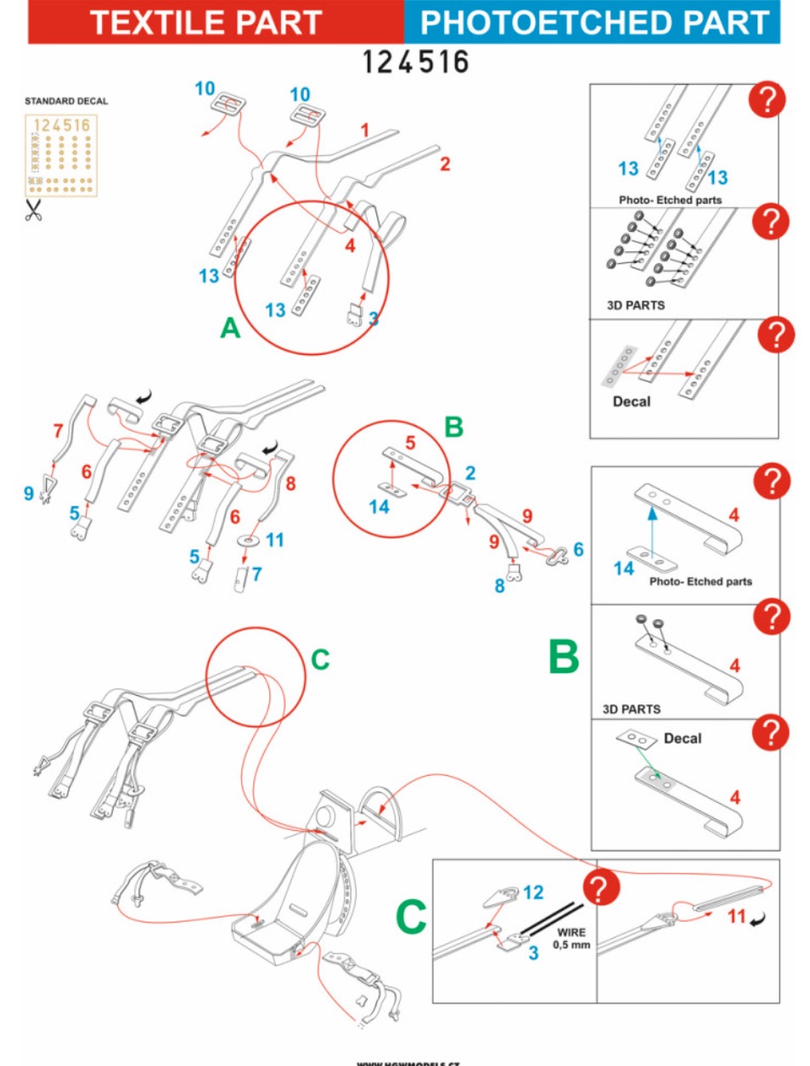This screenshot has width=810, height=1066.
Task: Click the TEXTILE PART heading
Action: [205, 23]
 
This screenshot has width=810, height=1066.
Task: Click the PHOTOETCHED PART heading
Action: [593, 23]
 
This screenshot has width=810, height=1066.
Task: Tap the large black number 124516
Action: [415, 62]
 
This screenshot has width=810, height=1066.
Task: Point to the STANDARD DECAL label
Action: [66, 101]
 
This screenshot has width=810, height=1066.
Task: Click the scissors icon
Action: [33, 210]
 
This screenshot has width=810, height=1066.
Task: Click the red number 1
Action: [365, 130]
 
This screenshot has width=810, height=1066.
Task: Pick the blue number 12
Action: [532, 892]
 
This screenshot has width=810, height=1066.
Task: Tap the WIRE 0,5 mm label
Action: [571, 938]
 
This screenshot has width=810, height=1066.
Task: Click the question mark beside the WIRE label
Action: [600, 889]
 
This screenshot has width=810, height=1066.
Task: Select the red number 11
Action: [736, 917]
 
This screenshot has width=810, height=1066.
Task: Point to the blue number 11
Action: [274, 540]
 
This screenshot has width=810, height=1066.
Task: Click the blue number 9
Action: [29, 493]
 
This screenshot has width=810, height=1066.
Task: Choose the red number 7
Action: [59, 430]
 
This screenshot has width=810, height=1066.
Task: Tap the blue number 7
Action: [256, 575]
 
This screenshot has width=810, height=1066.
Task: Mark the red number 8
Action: [290, 484]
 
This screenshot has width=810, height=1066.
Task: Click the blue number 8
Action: [499, 586]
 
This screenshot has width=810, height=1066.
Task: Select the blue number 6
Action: [578, 550]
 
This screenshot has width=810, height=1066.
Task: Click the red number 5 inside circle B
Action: [410, 442]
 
